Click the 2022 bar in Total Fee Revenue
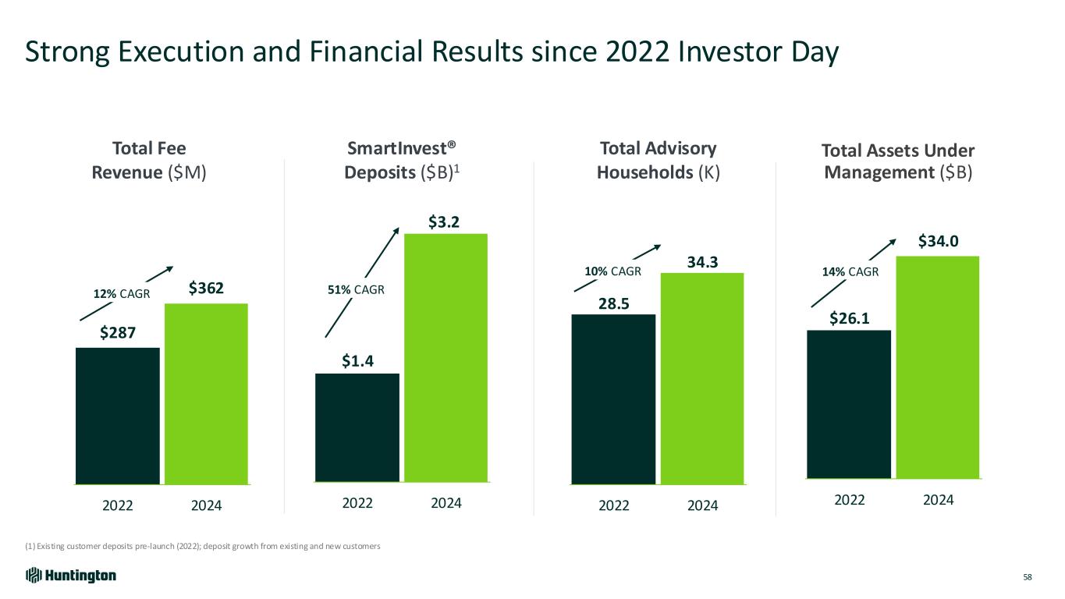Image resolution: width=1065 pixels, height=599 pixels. point(118,415)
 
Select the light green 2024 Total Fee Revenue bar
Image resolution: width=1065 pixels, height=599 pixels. point(206,393)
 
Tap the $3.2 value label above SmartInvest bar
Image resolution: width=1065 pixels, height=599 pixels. point(443,222)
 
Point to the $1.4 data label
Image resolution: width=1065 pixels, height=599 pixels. point(357,360)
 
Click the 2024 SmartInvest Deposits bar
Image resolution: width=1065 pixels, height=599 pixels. point(446,358)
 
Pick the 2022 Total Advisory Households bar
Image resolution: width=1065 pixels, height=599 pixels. point(613,399)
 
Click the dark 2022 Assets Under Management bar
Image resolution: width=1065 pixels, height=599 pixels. point(849,403)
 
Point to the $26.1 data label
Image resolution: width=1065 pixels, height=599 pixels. point(849,318)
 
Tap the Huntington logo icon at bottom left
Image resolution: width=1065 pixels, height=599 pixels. point(33,576)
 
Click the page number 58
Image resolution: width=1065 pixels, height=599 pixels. point(1028,577)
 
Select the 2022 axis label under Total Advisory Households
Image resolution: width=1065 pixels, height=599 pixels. point(614,505)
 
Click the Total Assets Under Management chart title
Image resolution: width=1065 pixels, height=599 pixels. point(898,161)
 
